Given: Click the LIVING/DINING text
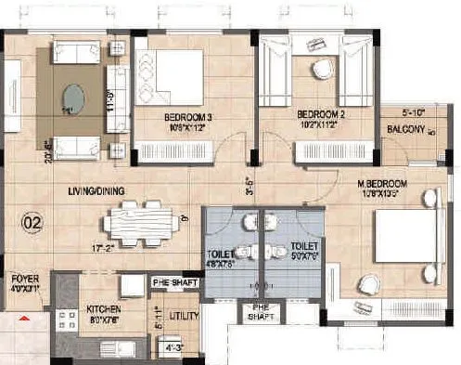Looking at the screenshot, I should coord(96,191).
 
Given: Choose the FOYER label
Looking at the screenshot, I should coord(23,279).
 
